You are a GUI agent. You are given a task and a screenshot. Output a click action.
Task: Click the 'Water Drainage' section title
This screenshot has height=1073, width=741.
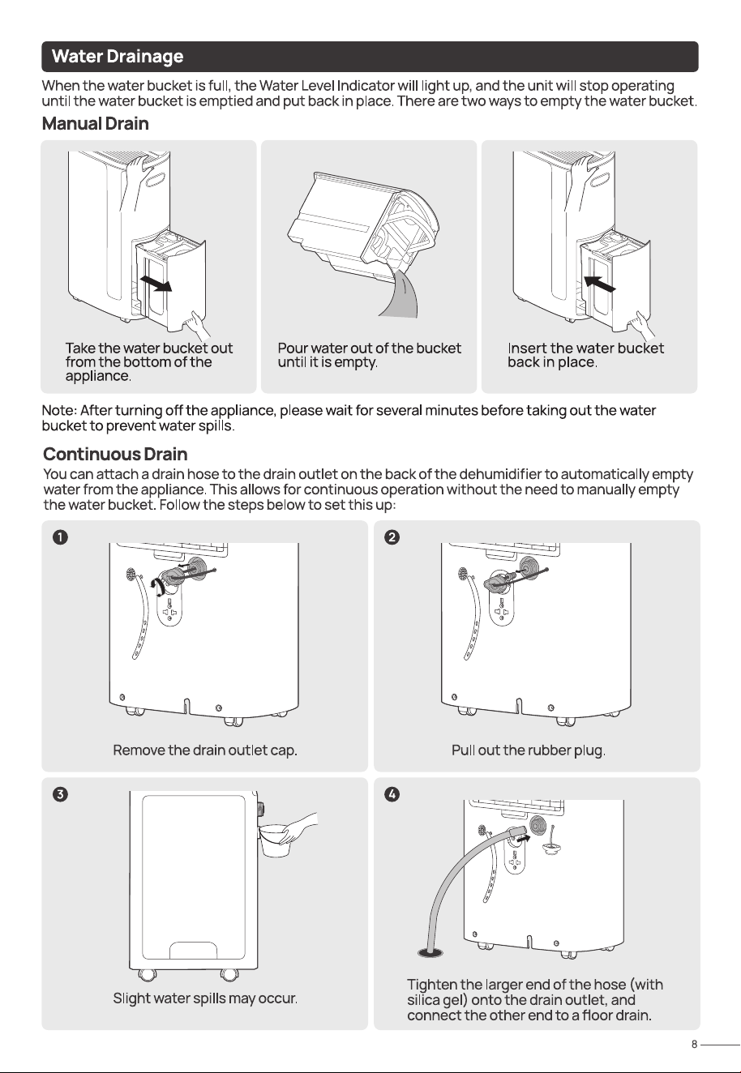(x=118, y=56)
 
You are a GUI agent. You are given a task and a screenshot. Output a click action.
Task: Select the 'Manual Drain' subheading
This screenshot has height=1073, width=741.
(x=96, y=123)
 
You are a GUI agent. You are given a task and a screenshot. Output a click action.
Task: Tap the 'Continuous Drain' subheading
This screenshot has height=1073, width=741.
(x=115, y=454)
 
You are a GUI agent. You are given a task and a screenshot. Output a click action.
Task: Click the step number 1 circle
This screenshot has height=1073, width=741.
(x=60, y=537)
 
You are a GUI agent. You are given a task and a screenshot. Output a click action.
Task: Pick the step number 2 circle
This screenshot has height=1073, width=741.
(x=392, y=537)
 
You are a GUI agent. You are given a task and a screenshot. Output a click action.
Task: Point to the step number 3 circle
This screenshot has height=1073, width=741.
(x=60, y=794)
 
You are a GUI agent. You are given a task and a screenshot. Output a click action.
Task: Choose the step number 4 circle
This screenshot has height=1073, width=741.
(x=392, y=794)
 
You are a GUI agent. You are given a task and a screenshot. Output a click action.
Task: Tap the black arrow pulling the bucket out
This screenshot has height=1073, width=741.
(x=156, y=283)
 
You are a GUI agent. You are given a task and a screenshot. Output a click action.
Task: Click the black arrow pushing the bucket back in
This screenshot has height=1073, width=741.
(x=600, y=283)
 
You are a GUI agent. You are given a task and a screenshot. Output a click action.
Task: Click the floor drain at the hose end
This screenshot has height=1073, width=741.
(x=430, y=953)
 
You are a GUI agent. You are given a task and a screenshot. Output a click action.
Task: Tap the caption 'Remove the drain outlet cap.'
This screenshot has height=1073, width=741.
(x=205, y=750)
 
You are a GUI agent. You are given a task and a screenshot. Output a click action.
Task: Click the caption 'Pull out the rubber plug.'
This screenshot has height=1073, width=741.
(x=529, y=750)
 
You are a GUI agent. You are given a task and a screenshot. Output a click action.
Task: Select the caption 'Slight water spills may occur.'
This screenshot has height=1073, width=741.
(x=205, y=998)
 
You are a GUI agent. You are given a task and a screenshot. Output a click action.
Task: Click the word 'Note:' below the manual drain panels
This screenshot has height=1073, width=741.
(x=59, y=411)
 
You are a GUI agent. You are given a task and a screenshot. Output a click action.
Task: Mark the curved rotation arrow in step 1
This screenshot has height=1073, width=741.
(x=154, y=587)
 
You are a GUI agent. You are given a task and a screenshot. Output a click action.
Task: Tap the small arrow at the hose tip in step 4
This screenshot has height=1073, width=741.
(x=524, y=839)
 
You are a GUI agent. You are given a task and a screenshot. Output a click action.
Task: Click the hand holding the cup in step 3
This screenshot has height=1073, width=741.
(x=298, y=827)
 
